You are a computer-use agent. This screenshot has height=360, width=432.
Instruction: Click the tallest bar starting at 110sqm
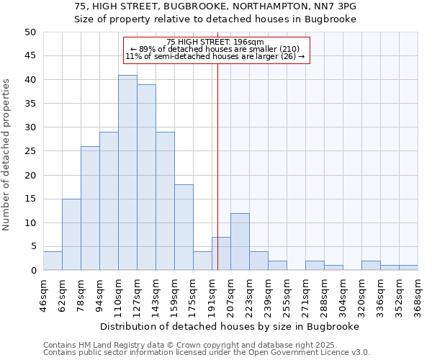coord(127,173)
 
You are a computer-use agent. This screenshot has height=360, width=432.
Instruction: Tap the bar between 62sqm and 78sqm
coord(71,234)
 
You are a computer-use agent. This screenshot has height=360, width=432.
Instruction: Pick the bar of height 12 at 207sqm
coord(240,242)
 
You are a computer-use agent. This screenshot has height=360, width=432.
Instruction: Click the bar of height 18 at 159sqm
coord(184,228)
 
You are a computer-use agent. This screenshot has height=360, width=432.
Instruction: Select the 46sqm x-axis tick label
coord(43,294)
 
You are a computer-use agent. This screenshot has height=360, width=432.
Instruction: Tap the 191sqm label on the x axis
coord(212,294)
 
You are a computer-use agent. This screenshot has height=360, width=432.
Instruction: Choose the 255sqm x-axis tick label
coord(287,294)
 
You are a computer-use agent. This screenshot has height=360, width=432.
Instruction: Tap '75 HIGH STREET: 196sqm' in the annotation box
coord(215,42)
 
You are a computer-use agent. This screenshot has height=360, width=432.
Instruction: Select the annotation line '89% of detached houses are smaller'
coord(215,49)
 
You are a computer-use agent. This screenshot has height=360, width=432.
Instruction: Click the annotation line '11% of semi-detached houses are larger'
coord(215,56)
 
